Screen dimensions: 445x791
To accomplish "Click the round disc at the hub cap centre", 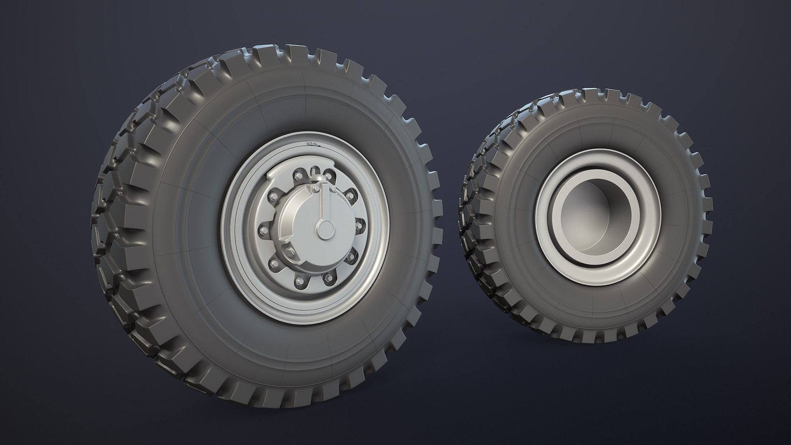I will pyautogui.click(x=325, y=229).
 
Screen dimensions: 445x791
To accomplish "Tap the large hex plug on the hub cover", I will pyautogui.click(x=290, y=252).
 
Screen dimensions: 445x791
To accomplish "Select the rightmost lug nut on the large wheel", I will pyautogui.click(x=359, y=226).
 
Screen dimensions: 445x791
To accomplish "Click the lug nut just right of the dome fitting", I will pyautogui.click(x=328, y=176).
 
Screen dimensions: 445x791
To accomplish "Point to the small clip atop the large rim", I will pyautogui.click(x=312, y=143).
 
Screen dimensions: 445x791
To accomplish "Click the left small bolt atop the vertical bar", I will pyautogui.click(x=316, y=188).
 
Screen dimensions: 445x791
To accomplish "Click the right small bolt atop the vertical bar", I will pyautogui.click(x=333, y=189).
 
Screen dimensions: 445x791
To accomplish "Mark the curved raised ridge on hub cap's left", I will pyautogui.click(x=286, y=214).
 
